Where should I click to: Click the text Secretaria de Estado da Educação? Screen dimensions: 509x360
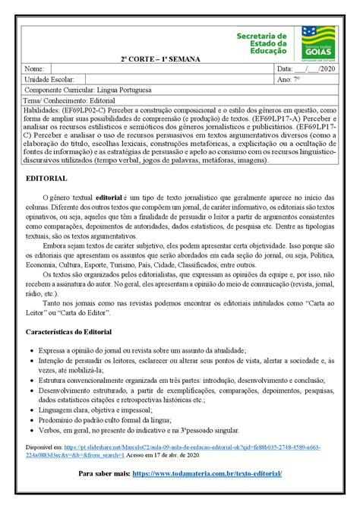[x=261, y=45]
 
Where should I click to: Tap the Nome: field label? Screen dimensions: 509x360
[x=35, y=69]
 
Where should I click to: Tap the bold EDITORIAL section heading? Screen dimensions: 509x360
[x=46, y=178]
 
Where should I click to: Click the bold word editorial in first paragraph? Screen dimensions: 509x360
[x=109, y=197]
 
